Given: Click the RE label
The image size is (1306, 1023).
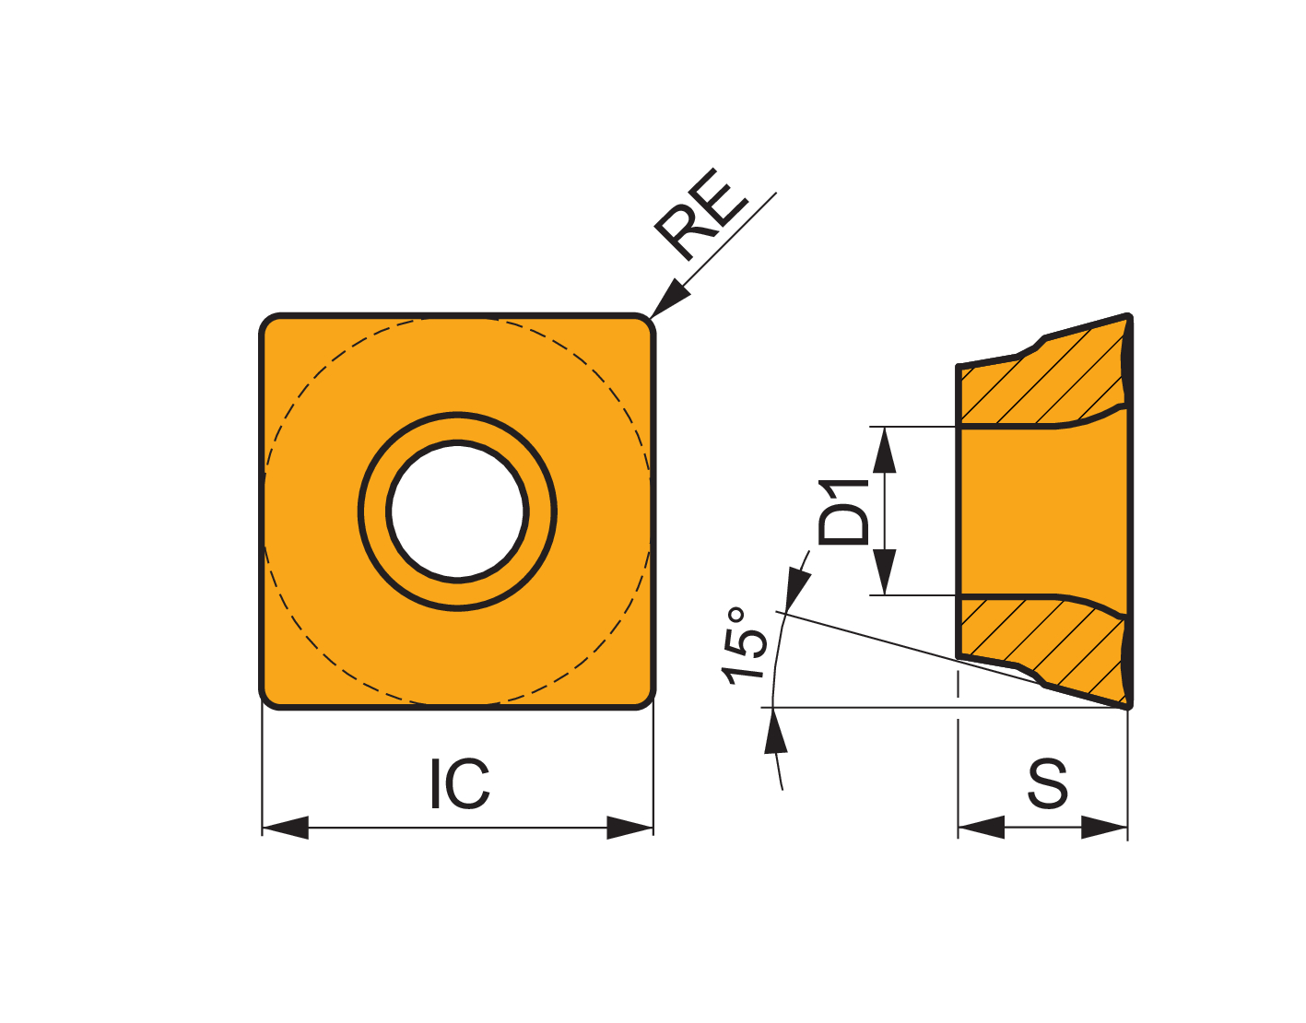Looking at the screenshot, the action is pyautogui.click(x=700, y=215).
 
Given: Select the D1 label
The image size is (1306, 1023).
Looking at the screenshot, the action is pyautogui.click(x=844, y=511).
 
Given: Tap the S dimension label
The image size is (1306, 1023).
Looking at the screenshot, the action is pyautogui.click(x=1048, y=783).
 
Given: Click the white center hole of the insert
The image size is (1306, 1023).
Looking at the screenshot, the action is pyautogui.click(x=457, y=511).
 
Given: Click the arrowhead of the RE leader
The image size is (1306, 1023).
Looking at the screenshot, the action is pyautogui.click(x=669, y=298).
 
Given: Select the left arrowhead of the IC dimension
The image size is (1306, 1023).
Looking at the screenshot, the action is pyautogui.click(x=286, y=828).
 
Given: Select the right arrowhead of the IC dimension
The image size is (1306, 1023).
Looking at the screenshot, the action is pyautogui.click(x=629, y=828).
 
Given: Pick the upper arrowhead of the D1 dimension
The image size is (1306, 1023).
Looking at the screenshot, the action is pyautogui.click(x=884, y=450).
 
